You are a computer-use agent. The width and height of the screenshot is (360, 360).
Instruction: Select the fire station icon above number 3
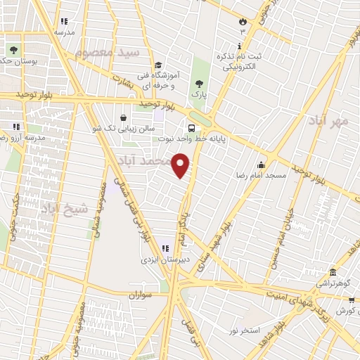[243, 21]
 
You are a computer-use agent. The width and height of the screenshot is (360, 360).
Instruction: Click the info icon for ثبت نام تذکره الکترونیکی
[240, 46]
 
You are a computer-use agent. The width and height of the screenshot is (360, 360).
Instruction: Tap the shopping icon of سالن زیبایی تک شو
[124, 117]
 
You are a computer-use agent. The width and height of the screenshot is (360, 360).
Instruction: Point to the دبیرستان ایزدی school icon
[165, 248]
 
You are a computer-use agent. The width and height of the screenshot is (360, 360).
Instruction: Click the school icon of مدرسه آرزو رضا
[15, 127]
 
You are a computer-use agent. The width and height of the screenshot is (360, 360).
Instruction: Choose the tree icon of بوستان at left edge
[13, 49]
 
